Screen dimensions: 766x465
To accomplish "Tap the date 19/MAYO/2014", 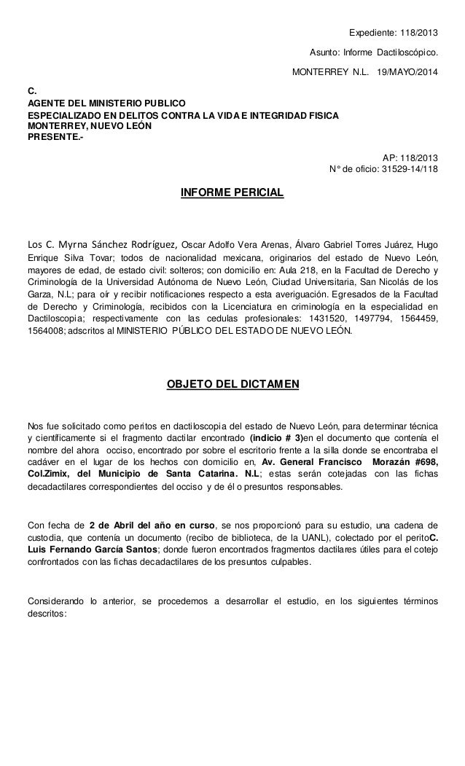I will click(409, 74).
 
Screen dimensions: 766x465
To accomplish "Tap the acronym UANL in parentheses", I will click(294, 538).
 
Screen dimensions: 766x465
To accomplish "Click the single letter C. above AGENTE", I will click(31, 90).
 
